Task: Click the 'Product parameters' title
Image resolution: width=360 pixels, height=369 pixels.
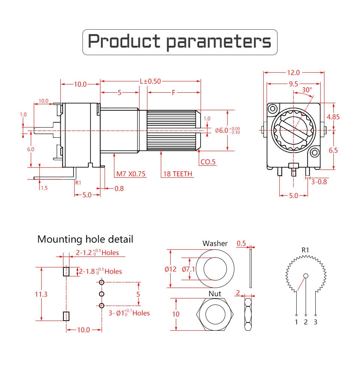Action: pos(180,42)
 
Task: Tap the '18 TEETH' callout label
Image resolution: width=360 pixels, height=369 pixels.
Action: pos(178,174)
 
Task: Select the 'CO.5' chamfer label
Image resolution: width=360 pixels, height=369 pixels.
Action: pos(208,162)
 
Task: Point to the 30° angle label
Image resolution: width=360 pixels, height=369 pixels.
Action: pos(306,90)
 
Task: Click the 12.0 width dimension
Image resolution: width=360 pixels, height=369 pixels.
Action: pos(293,72)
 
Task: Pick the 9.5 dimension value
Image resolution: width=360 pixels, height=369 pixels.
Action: pos(293,84)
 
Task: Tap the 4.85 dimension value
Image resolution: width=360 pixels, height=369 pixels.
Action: pos(333,117)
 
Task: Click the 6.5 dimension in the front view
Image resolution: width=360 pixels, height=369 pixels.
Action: pos(333,150)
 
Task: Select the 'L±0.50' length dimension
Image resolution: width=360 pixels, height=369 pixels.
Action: pos(150,81)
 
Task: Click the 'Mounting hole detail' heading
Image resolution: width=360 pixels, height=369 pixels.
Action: pos(85,239)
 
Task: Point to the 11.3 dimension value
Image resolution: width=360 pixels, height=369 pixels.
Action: pos(41,294)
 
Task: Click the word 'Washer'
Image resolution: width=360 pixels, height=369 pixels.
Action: pos(215,244)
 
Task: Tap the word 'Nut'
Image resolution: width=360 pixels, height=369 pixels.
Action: pos(215,294)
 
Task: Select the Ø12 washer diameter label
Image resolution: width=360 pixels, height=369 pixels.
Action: pos(176,269)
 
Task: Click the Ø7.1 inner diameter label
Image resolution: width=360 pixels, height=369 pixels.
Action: pos(188,269)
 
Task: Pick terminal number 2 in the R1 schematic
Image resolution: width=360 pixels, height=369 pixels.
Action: pos(306,322)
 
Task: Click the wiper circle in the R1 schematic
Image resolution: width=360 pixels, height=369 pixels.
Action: pos(306,276)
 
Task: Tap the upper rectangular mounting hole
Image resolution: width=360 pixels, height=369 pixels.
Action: pos(66,271)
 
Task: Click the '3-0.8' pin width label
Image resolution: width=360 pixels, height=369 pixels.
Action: pos(319,182)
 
